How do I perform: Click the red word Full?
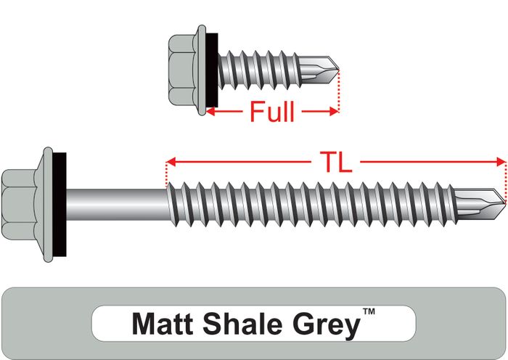point(272,112)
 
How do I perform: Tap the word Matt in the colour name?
point(163,324)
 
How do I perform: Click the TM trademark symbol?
point(369,311)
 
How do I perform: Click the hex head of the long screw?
point(19,205)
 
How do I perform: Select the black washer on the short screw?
point(211,70)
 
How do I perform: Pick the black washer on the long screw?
point(60,205)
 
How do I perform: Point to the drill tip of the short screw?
point(319,70)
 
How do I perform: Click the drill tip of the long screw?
point(480,204)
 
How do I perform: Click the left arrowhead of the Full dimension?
point(210,112)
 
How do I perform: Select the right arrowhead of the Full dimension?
point(334,112)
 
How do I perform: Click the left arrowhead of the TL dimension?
point(171,162)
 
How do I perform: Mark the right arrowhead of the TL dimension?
point(501,162)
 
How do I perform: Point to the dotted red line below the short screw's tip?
point(339,91)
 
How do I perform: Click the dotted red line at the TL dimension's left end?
point(166,174)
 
